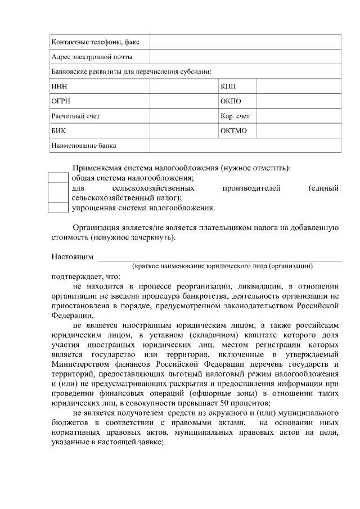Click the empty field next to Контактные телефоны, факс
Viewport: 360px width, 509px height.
(x=245, y=42)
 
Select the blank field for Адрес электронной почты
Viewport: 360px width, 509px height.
(x=245, y=56)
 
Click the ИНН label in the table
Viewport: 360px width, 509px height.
(x=58, y=86)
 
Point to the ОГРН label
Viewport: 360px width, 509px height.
(x=61, y=101)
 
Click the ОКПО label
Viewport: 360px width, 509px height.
(x=231, y=101)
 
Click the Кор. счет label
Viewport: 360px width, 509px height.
(x=235, y=116)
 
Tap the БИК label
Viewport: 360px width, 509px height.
(x=58, y=131)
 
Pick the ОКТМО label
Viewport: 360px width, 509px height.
(x=233, y=131)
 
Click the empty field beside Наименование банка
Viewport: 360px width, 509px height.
(x=245, y=145)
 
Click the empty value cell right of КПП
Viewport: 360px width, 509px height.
(x=299, y=86)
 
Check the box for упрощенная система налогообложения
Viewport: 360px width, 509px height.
(x=58, y=208)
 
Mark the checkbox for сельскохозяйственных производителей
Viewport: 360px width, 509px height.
(x=58, y=192)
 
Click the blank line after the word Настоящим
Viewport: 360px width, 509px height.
(x=220, y=258)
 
